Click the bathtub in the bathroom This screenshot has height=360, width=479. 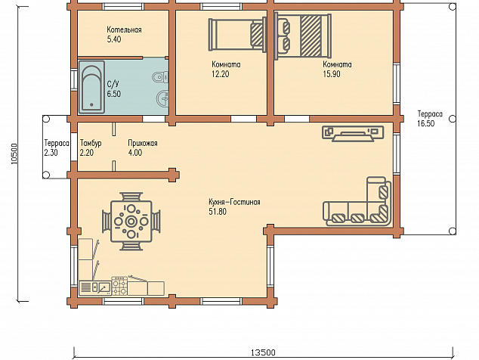pyautogui.click(x=91, y=87)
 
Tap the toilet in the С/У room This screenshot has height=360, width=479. pyautogui.click(x=160, y=77)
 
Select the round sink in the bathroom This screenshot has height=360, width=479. pyautogui.click(x=162, y=98)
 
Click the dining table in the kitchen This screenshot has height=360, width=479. pyautogui.click(x=131, y=221)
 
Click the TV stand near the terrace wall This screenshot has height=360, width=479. pyautogui.click(x=353, y=134)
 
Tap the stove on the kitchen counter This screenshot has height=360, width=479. pyautogui.click(x=119, y=286)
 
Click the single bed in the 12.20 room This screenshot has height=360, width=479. pyautogui.click(x=237, y=35)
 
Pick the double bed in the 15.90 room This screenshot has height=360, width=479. pyautogui.click(x=303, y=36)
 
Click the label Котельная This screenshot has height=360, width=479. pyautogui.click(x=124, y=30)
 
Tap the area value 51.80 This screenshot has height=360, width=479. pyautogui.click(x=218, y=211)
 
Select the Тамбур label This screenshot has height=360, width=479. pyautogui.click(x=91, y=143)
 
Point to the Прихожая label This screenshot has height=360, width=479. pyautogui.click(x=143, y=143)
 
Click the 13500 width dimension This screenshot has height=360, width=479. pyautogui.click(x=263, y=352)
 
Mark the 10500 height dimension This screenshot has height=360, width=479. pyautogui.click(x=14, y=154)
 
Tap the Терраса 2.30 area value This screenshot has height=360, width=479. pyautogui.click(x=51, y=153)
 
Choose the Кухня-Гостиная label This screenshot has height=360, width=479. pyautogui.click(x=235, y=202)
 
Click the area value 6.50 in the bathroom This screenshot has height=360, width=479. pyautogui.click(x=113, y=94)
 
